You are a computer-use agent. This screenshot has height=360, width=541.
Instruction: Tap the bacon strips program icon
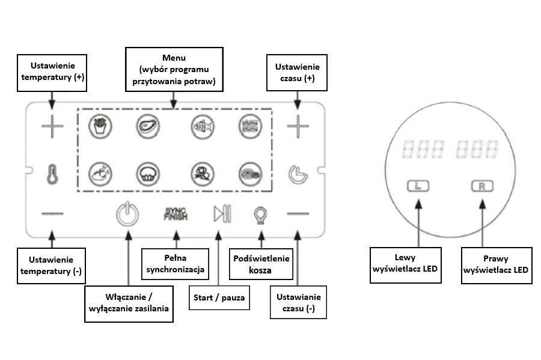[248, 126]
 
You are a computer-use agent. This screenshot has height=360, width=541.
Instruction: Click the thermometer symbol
[52, 173]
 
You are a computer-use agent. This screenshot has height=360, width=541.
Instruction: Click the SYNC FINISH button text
[176, 213]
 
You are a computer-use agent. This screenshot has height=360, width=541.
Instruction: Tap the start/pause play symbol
[221, 213]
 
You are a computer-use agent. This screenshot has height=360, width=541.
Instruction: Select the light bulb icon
[260, 214]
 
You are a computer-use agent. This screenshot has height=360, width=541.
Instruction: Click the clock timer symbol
[296, 173]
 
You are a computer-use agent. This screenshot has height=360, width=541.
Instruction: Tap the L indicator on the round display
[418, 186]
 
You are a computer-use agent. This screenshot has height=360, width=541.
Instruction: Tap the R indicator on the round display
[481, 186]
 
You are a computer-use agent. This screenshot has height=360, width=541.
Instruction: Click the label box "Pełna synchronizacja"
[175, 264]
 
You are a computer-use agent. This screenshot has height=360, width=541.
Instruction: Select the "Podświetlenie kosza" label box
[260, 264]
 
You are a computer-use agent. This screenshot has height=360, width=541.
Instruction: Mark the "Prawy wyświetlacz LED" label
[496, 264]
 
